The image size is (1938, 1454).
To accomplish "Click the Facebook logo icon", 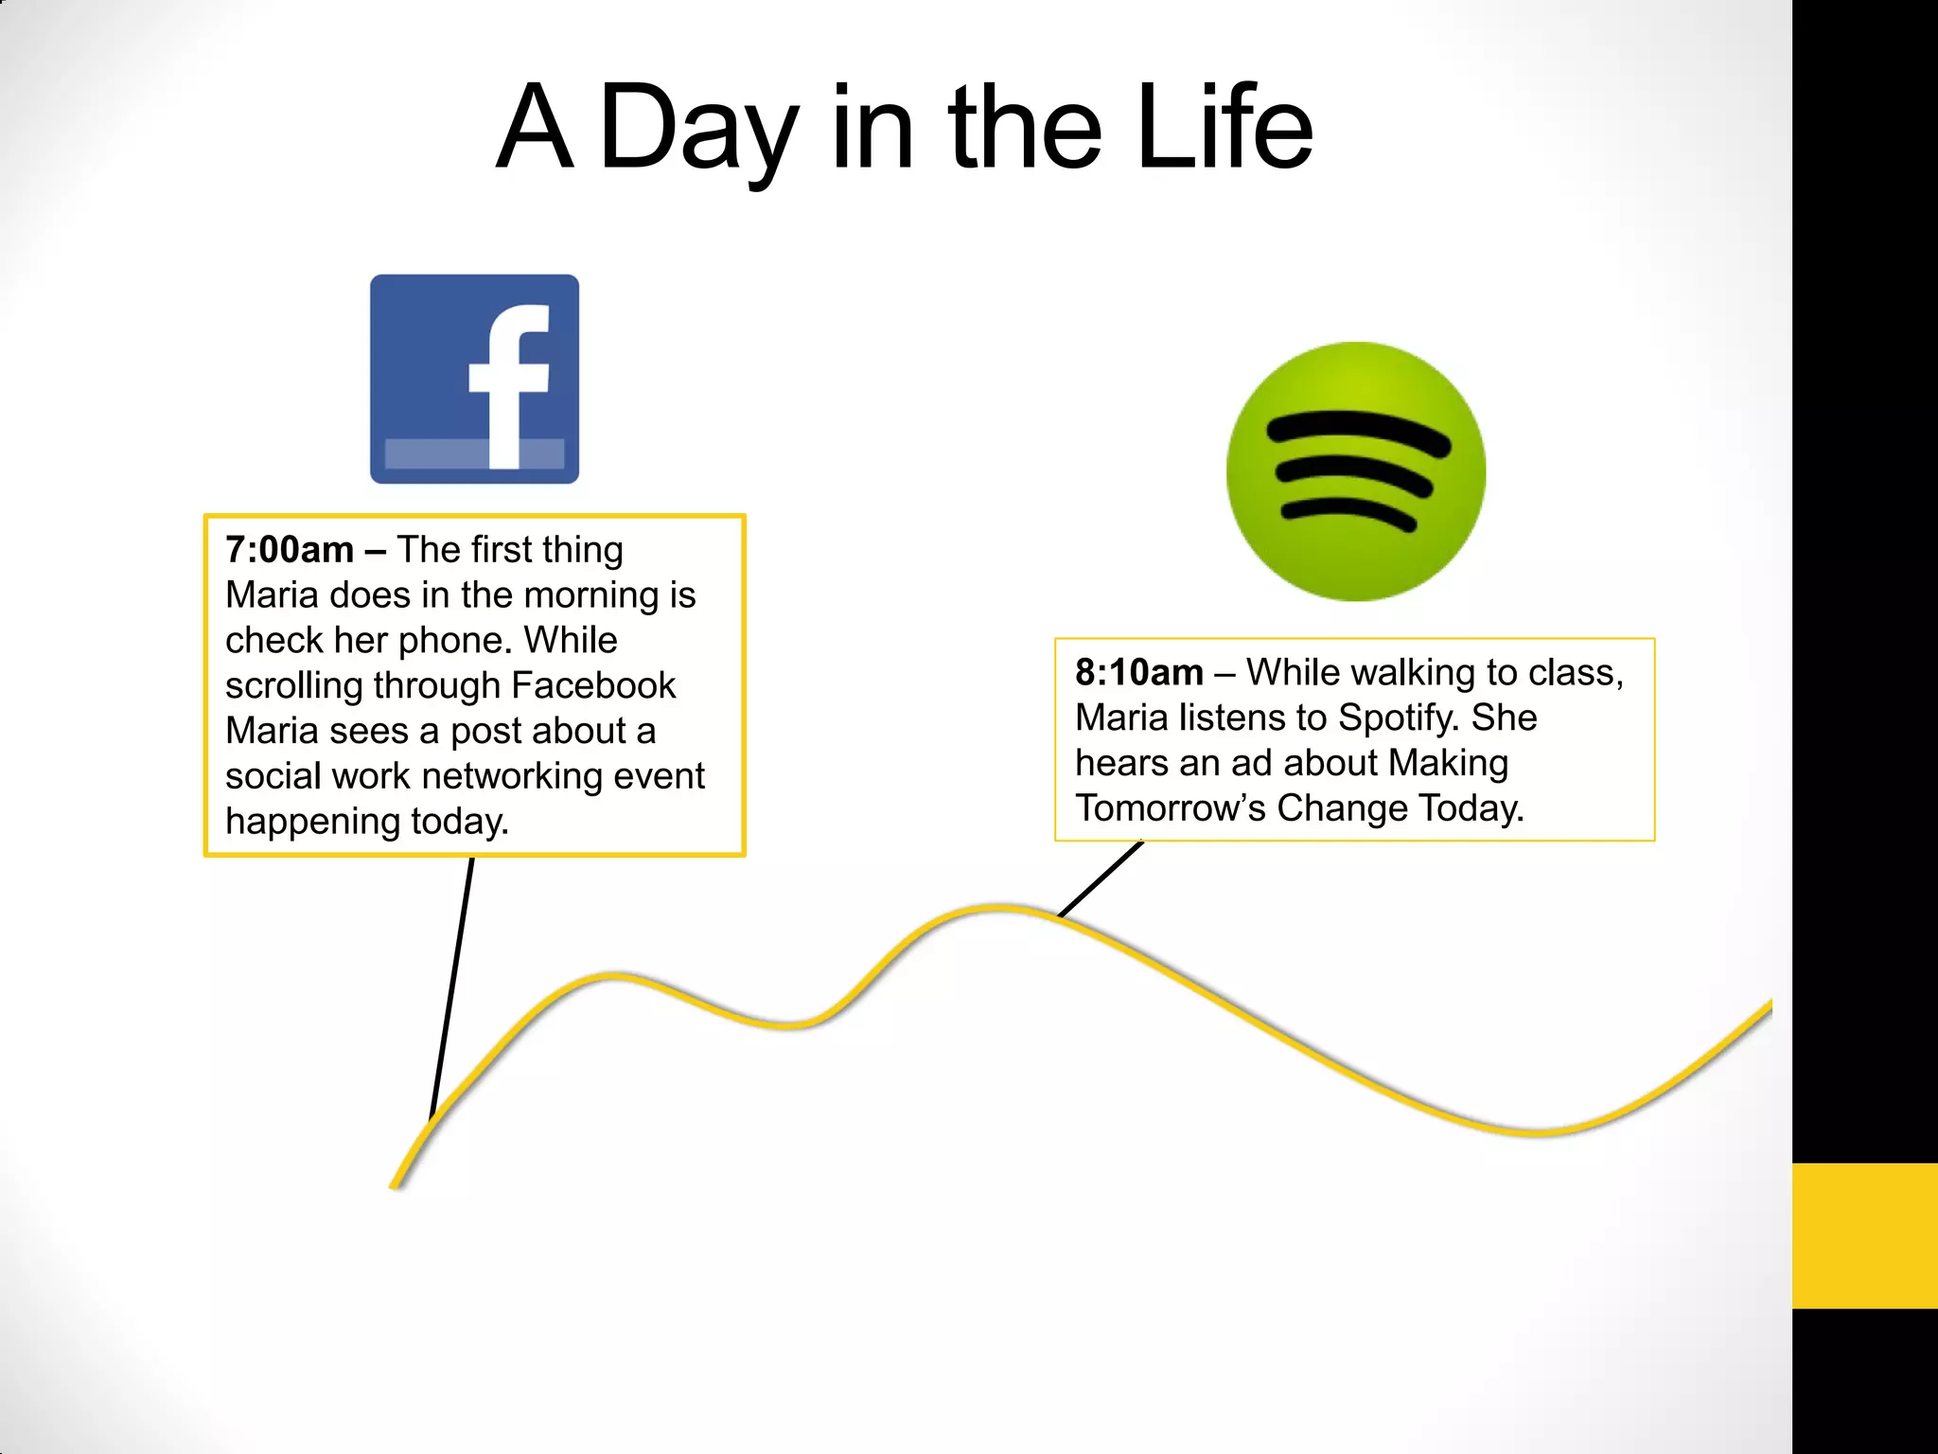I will [474, 379].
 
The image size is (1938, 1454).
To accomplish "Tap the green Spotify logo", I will [1355, 471].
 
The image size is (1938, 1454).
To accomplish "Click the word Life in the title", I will [1224, 128].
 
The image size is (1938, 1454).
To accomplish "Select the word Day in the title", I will [698, 128].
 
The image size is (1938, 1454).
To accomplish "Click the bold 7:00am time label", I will [290, 550].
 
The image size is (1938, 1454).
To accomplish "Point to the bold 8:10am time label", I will [1138, 673].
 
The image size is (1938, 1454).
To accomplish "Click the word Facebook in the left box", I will [593, 685].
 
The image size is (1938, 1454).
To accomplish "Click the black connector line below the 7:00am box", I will [452, 984].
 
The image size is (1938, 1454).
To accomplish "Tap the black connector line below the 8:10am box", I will [1101, 879].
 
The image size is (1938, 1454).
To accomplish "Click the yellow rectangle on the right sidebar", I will [1864, 1235].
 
